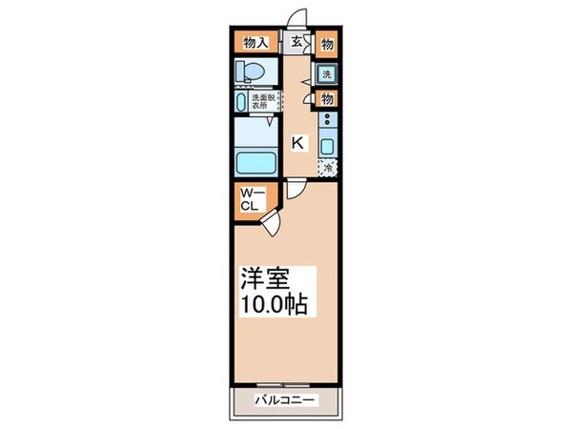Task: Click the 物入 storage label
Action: coord(255,43)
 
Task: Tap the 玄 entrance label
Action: coord(296,42)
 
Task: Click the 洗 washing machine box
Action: coord(326,73)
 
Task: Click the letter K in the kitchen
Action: coord(297,143)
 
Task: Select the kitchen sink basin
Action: coord(327,146)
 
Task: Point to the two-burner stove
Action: coord(327,122)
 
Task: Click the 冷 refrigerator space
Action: coord(327,169)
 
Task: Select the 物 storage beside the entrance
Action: coord(327,43)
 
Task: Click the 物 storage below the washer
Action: coord(327,98)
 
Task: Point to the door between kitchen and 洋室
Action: coord(297,188)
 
